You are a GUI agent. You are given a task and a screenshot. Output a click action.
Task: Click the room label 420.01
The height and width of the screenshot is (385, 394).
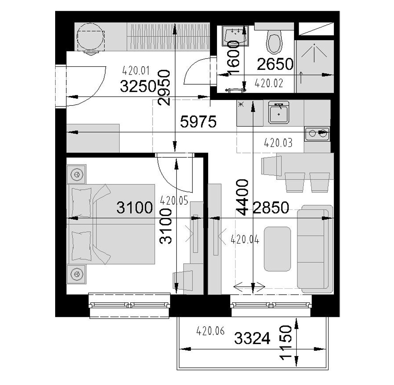(136, 71)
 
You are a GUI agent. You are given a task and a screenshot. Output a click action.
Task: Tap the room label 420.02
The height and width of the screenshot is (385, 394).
(269, 83)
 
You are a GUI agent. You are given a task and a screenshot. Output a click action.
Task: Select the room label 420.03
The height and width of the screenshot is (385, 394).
(278, 143)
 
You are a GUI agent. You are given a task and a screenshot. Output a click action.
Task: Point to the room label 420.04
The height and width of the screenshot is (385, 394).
(245, 239)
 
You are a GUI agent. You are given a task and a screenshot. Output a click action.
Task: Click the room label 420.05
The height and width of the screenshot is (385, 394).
(174, 201)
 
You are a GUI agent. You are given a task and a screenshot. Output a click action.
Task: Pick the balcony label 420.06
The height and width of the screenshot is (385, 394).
(210, 331)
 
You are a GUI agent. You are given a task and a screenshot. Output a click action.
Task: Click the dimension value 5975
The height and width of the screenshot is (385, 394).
(198, 122)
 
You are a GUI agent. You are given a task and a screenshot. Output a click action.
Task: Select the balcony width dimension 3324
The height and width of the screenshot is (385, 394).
(252, 338)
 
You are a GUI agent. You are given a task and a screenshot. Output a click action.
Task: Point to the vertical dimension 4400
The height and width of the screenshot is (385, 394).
(243, 198)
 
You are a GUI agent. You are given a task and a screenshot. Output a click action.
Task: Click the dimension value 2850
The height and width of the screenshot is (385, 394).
(271, 208)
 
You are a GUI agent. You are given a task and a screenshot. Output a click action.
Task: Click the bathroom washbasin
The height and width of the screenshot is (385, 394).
(235, 35)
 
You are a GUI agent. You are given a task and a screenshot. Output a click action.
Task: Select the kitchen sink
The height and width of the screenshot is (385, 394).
(279, 112)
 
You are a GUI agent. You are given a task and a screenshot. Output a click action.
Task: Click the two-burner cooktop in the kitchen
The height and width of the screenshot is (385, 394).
(317, 133)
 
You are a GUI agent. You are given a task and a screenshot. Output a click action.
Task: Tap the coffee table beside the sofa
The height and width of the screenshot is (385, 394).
(277, 249)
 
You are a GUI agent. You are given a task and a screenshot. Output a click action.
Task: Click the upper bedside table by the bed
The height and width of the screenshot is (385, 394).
(76, 174)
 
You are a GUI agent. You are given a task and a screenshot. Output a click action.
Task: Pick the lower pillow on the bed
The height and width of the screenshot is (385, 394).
(81, 246)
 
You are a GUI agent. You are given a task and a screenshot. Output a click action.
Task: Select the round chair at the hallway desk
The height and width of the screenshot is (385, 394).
(91, 38)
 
